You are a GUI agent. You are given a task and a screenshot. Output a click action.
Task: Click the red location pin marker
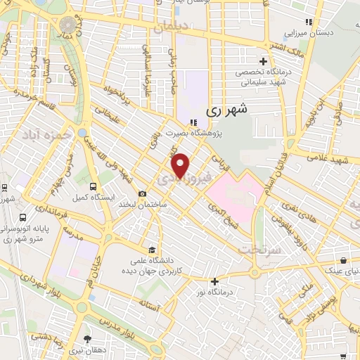[181, 165]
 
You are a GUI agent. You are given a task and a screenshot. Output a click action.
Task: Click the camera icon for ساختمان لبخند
[143, 194]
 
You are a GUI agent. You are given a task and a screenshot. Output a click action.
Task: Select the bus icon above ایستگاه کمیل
[94, 186]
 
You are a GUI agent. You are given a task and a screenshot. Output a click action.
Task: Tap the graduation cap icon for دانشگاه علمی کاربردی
[152, 250]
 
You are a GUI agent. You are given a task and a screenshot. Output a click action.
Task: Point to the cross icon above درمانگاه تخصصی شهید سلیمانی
[263, 61]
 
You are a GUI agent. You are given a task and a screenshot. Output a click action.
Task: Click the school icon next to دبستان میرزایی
[308, 22]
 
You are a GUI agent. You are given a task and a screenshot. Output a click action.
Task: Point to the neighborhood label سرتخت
[259, 249]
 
